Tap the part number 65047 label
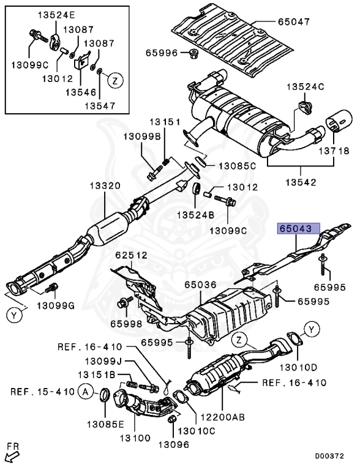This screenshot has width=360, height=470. (x=294, y=21)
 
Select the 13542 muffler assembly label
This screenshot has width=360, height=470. (x=301, y=182)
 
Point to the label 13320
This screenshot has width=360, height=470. (x=105, y=186)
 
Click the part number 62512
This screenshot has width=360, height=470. (x=132, y=255)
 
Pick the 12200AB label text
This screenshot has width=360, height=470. (x=222, y=417)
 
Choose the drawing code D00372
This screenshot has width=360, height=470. (x=329, y=456)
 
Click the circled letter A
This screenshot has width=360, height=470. (x=86, y=392)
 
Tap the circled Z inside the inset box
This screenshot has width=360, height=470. (x=115, y=80)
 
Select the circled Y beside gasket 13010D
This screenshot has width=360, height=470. (x=312, y=330)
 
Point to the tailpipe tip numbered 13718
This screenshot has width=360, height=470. (x=339, y=121)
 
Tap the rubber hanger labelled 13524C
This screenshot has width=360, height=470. (x=305, y=107)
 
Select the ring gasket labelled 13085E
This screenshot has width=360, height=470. (x=105, y=396)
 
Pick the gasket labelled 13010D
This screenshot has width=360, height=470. (x=295, y=338)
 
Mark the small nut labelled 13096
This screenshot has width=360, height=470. (x=172, y=419)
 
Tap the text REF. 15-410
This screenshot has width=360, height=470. (x=42, y=392)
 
